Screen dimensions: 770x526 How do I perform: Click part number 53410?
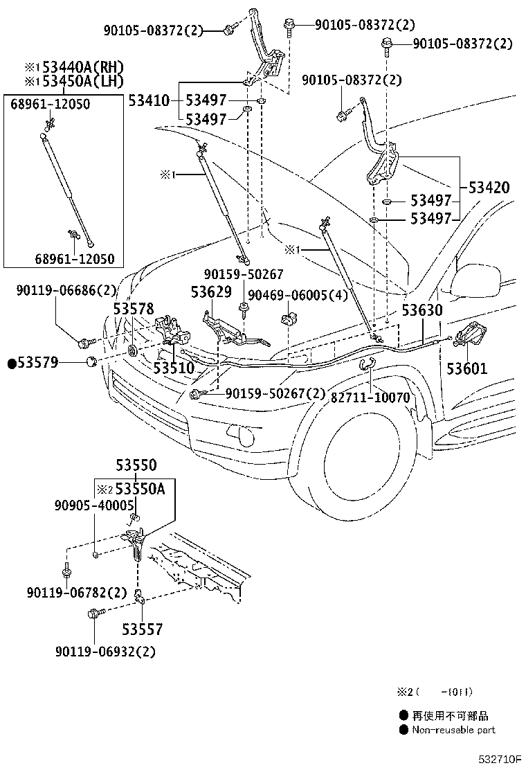pyautogui.click(x=148, y=101)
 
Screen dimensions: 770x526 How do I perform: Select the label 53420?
pyautogui.click(x=489, y=188)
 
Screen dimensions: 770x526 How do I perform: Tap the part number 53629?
pyautogui.click(x=211, y=292)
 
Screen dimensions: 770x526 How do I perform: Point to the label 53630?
pyautogui.click(x=423, y=311)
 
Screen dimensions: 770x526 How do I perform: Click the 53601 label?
pyautogui.click(x=466, y=368)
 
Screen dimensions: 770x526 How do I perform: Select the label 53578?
pyautogui.click(x=134, y=309)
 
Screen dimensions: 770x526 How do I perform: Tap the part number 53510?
pyautogui.click(x=174, y=368)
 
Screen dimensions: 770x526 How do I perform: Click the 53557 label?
pyautogui.click(x=143, y=629)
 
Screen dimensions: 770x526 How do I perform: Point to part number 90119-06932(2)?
pyautogui.click(x=105, y=651)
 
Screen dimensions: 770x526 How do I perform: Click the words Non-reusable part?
pyautogui.click(x=453, y=729)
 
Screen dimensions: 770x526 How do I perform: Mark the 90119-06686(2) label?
pyautogui.click(x=66, y=292)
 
